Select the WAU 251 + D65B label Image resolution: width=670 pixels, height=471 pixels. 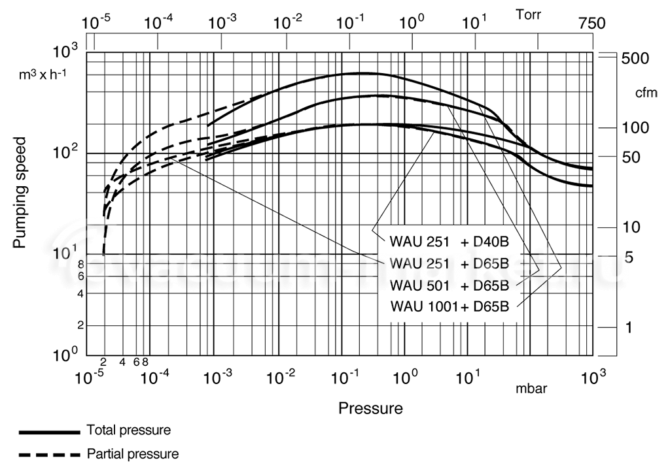[x=449, y=263]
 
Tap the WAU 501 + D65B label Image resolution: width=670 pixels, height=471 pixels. [x=449, y=285]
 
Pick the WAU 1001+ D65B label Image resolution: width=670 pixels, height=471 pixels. [x=449, y=306]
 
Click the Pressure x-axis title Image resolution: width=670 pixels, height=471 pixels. [x=370, y=409]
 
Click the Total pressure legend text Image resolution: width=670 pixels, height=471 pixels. [x=129, y=430]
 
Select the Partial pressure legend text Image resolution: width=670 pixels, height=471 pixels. [x=133, y=453]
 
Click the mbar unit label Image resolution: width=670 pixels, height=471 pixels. [x=531, y=389]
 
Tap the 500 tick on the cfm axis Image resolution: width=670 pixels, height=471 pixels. [x=635, y=59]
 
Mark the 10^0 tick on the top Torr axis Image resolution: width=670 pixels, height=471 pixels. [x=412, y=23]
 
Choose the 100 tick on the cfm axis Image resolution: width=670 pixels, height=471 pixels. [x=635, y=127]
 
